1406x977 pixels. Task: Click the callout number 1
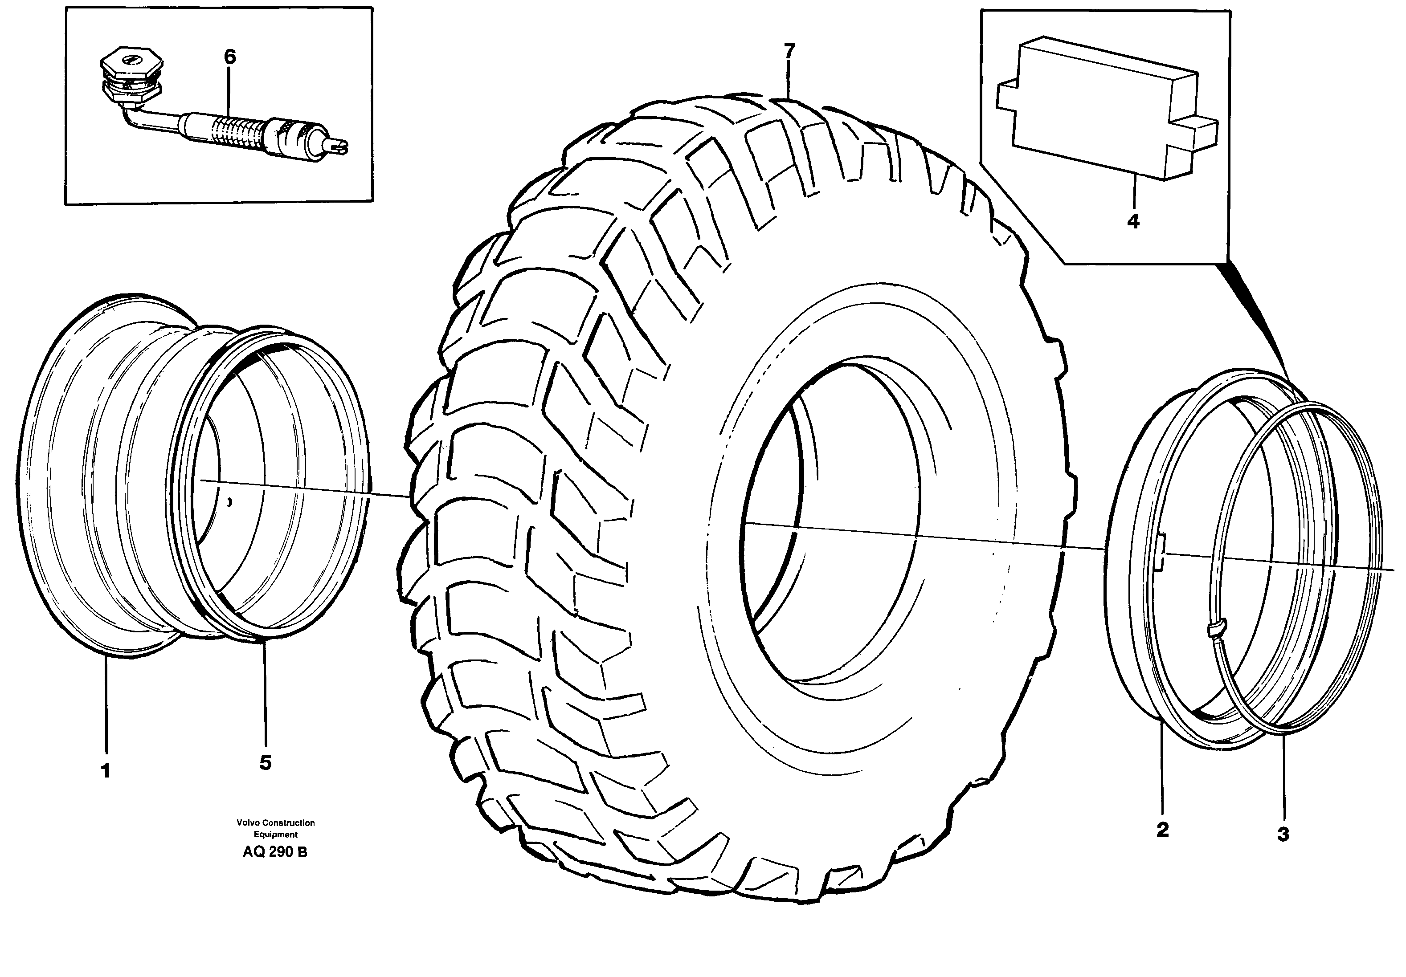point(106,771)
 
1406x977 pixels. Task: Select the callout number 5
point(265,763)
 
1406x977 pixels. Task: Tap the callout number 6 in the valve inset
point(229,57)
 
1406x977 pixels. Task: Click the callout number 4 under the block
point(1133,221)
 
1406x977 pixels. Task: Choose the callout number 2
point(1162,830)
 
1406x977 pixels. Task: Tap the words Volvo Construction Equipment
point(276,828)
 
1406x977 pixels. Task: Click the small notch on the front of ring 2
point(1159,551)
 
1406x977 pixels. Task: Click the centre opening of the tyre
point(833,520)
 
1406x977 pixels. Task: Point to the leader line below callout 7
point(789,80)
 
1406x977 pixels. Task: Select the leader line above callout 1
point(106,704)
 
